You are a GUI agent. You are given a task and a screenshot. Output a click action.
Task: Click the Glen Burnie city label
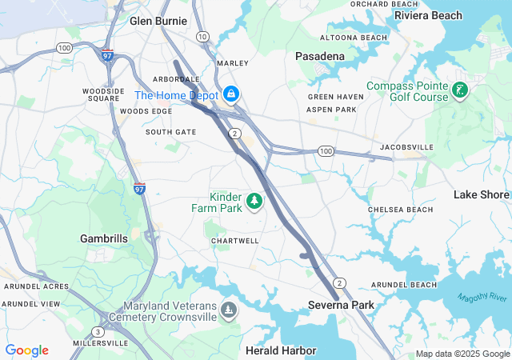tap(158, 21)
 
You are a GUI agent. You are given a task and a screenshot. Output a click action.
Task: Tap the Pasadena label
tap(320, 56)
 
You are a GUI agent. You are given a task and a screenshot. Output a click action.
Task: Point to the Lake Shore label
tap(481, 194)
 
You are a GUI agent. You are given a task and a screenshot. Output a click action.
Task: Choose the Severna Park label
tap(341, 305)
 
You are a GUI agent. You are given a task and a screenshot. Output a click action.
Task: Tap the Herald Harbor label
tap(281, 350)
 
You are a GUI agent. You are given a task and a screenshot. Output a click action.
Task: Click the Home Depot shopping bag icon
tap(230, 94)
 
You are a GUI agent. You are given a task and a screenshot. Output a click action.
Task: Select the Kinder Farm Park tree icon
tap(254, 201)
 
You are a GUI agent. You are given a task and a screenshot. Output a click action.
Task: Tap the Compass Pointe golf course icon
tap(459, 90)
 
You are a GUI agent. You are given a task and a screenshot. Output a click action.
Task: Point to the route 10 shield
tap(202, 37)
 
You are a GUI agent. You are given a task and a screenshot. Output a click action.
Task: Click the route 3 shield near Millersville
tap(98, 331)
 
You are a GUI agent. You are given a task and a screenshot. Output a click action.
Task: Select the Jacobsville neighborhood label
tap(406, 147)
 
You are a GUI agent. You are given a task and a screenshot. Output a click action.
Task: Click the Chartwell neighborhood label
tap(235, 241)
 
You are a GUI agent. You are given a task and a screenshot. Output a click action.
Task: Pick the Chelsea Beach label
tap(400, 210)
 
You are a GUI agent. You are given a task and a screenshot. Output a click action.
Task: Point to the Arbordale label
tap(177, 79)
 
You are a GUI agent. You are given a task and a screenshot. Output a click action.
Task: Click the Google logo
tap(27, 350)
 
